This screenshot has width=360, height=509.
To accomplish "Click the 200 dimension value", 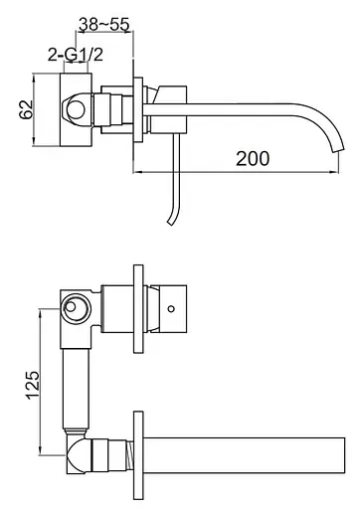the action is (x=253, y=158).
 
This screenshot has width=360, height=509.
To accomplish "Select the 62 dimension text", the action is (x=26, y=109).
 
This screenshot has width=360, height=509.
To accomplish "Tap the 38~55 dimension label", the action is (x=103, y=24).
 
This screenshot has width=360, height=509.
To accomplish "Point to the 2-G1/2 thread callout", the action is (x=76, y=55).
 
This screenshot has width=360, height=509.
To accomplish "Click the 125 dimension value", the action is (x=33, y=385).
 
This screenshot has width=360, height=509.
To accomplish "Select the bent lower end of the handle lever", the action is (x=173, y=217).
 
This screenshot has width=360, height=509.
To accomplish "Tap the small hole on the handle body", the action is (x=171, y=309).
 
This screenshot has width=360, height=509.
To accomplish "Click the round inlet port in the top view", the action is (x=76, y=110).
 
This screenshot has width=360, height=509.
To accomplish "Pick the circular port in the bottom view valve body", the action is (x=76, y=308).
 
